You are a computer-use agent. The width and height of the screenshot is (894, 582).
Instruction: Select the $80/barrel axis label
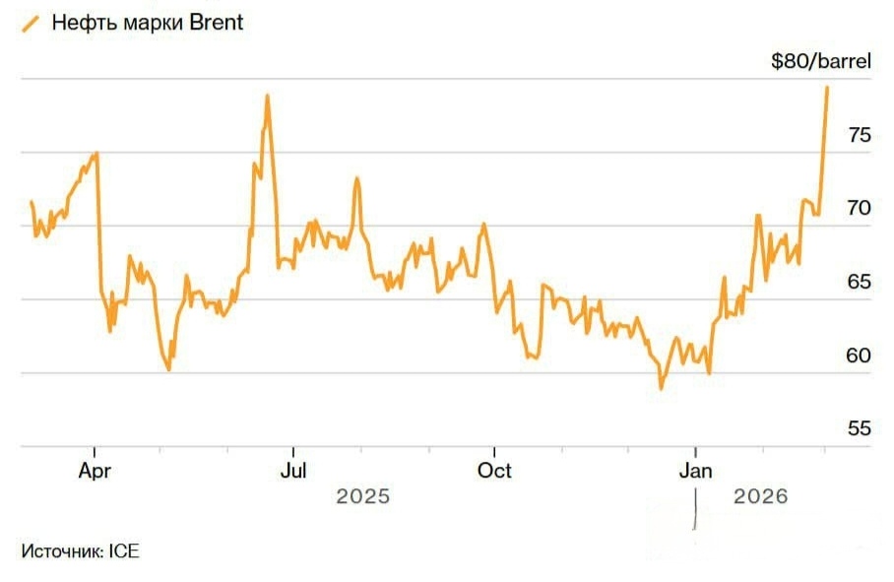coord(821,63)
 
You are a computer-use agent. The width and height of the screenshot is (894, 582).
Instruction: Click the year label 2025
coord(363,496)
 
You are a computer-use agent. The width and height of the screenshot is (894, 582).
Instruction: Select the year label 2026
coord(761,496)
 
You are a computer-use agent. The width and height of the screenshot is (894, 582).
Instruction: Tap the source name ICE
coord(124,551)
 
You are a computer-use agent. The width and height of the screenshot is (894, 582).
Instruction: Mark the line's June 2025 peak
coord(267,96)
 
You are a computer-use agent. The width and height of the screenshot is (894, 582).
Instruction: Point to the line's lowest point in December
coord(661,388)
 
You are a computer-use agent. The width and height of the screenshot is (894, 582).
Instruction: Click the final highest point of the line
coord(826,88)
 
